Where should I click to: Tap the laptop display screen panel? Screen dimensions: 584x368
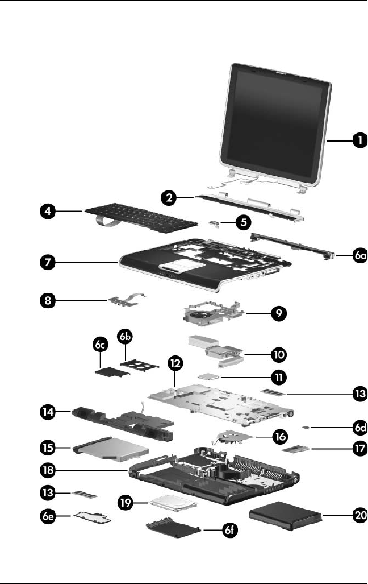tap(277, 121)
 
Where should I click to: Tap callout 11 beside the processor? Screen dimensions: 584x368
tap(278, 376)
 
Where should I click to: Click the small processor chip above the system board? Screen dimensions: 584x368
tap(204, 376)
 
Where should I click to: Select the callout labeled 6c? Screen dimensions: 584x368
tap(100, 345)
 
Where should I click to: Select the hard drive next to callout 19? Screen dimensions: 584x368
tap(173, 507)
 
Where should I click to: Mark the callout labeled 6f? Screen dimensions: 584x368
tap(228, 531)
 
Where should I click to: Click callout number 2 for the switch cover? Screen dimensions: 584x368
tap(167, 198)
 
